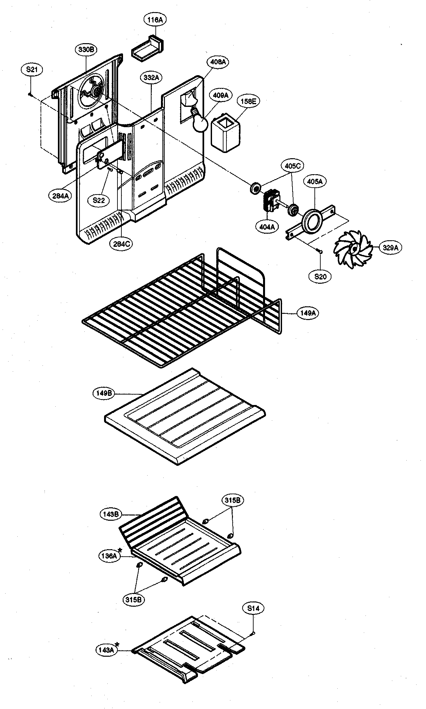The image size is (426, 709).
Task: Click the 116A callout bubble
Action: click(155, 20)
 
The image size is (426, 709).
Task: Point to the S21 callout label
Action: click(31, 70)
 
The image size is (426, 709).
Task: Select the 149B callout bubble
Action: click(104, 393)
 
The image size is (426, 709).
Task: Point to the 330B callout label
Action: click(86, 50)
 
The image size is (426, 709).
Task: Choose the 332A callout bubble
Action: click(151, 77)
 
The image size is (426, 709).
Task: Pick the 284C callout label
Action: click(121, 244)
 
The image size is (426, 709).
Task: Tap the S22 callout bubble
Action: click(98, 200)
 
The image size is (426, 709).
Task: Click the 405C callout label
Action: click(292, 166)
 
